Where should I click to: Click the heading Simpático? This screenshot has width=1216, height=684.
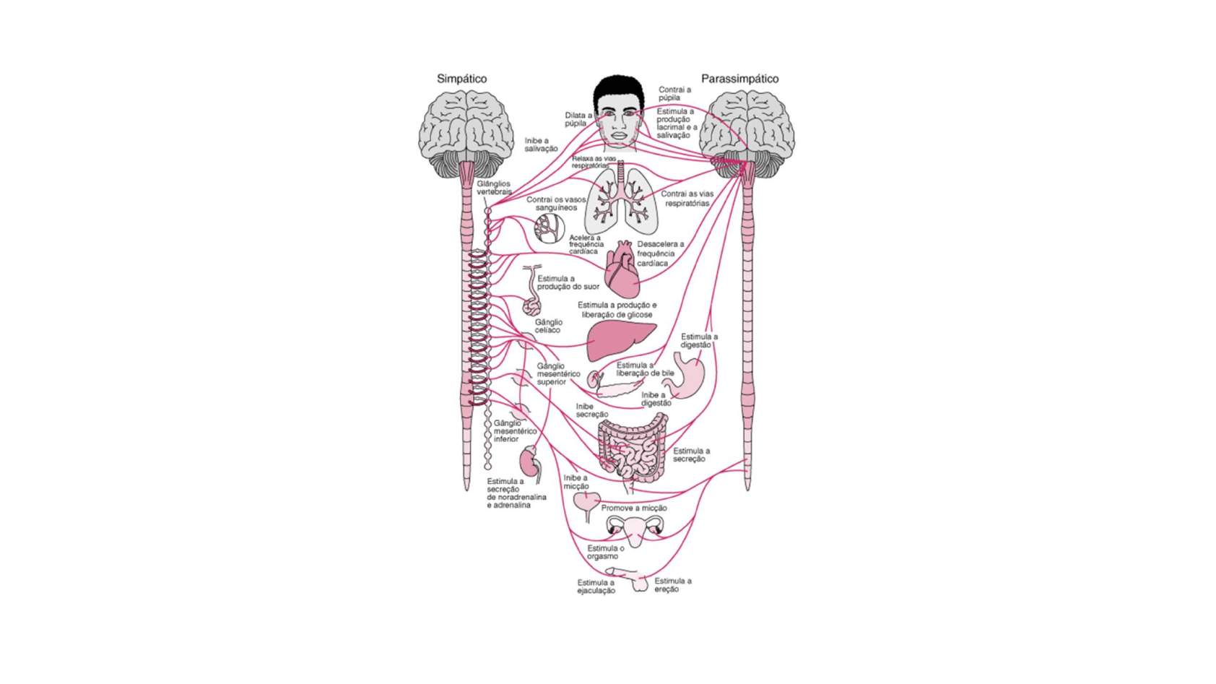[x=461, y=79]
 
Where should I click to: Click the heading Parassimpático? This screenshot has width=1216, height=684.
[x=739, y=79]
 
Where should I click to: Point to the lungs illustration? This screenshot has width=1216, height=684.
[x=621, y=202]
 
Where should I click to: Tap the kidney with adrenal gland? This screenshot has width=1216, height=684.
[x=531, y=464]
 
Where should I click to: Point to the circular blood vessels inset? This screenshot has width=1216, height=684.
[x=550, y=228]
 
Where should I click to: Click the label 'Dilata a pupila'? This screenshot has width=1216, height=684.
[x=578, y=119]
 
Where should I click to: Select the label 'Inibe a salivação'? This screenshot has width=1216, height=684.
[x=541, y=144]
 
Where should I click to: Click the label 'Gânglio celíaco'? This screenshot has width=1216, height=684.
[x=548, y=326]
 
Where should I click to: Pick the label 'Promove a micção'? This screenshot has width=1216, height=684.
[x=634, y=508]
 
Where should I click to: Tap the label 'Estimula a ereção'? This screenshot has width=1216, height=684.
[x=672, y=585]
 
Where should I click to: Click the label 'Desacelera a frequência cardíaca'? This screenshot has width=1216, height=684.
[x=660, y=254]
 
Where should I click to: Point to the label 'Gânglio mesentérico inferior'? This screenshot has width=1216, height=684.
[x=515, y=431]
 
